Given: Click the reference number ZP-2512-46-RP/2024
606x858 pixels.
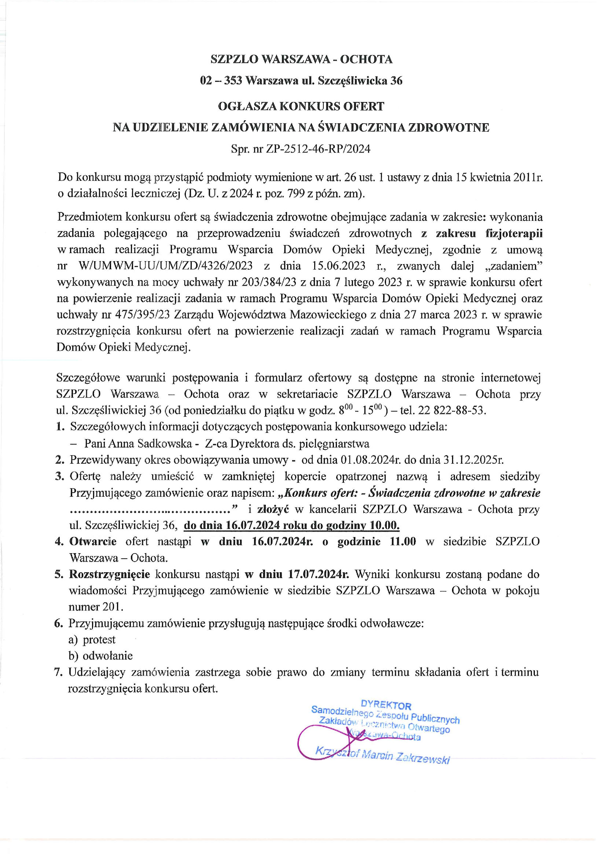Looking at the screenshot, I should tap(318, 149).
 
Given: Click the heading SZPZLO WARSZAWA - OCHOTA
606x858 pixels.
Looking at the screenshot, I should tap(301, 59).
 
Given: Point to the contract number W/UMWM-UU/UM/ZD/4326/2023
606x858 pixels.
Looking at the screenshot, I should tap(166, 266).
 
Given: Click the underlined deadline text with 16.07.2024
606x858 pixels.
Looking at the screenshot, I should tap(291, 525).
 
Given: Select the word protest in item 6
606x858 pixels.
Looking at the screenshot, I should tap(99, 639).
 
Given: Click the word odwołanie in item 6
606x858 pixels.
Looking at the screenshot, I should tap(107, 656).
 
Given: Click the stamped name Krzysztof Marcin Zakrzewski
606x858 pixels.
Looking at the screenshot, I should tap(383, 755).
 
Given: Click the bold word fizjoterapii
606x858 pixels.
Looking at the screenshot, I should tap(514, 233).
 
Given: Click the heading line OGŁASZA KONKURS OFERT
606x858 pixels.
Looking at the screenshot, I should tap(301, 106).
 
